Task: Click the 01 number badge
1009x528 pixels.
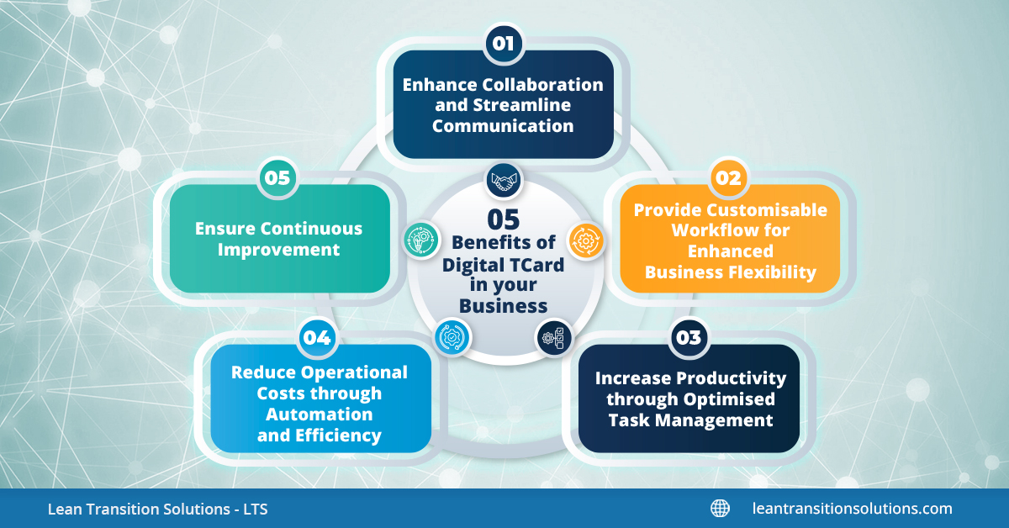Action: pos(504,44)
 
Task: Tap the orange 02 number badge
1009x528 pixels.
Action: pos(728,178)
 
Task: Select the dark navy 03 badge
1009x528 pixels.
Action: pos(689,337)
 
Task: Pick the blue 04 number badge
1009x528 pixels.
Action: pos(317,337)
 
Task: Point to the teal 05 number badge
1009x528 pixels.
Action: pos(277,178)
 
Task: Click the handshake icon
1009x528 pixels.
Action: pos(504,181)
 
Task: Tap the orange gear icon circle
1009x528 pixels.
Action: pos(585,241)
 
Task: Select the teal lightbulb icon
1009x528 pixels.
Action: pos(421,240)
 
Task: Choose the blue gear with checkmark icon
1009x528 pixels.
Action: pos(452,337)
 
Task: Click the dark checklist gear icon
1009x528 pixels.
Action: pos(553,337)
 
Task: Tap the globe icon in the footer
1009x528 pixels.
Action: pos(720,509)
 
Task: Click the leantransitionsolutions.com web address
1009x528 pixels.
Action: pos(853,509)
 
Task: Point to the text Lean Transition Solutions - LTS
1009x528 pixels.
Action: pos(158,509)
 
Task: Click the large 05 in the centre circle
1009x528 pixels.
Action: pos(503,219)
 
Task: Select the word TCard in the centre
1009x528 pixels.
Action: pos(536,265)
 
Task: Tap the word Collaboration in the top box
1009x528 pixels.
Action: pos(543,85)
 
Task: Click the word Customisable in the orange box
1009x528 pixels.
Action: pos(767,210)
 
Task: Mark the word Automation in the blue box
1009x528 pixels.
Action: pos(320,414)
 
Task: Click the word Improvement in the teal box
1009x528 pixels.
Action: pos(278,250)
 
